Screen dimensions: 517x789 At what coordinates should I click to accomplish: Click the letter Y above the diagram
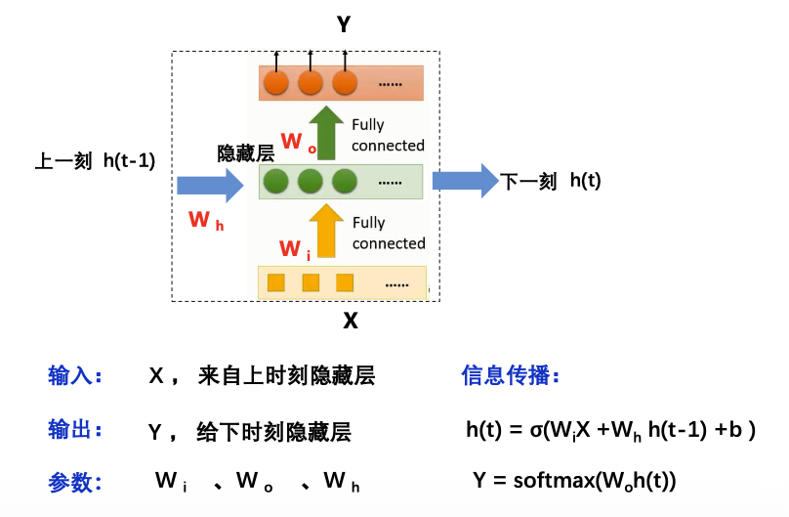(344, 25)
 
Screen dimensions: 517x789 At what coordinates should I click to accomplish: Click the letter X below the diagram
(350, 321)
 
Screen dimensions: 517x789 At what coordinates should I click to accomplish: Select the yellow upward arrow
(326, 231)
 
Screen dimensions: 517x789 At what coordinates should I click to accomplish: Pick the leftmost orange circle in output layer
(276, 82)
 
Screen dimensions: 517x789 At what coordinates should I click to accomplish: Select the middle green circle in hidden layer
(311, 182)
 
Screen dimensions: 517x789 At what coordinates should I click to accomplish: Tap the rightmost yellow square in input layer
(345, 283)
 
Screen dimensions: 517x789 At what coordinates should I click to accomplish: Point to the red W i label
(295, 249)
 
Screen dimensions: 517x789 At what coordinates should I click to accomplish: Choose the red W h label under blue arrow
(205, 221)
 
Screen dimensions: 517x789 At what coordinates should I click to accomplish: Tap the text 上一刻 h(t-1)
(95, 161)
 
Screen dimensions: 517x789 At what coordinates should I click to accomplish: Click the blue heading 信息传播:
(511, 375)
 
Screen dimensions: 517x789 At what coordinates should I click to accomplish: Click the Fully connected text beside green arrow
(388, 135)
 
